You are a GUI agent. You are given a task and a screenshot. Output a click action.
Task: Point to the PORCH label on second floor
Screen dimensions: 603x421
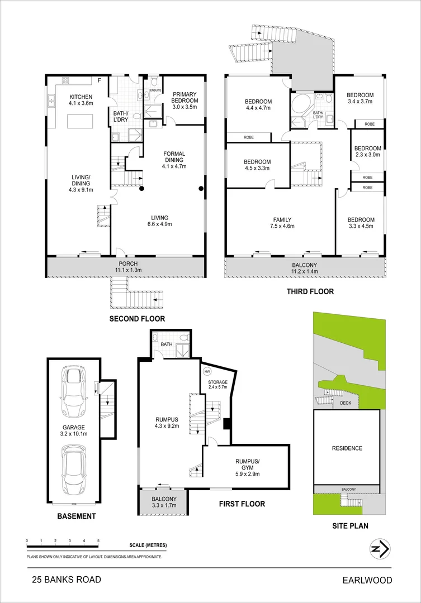coord(128,264)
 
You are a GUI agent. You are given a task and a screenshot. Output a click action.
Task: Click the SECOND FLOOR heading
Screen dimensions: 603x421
coord(138,319)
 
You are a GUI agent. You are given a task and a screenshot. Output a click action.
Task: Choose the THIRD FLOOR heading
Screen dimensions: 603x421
coord(310,291)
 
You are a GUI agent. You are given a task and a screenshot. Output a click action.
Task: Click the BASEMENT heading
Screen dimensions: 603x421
coord(77,516)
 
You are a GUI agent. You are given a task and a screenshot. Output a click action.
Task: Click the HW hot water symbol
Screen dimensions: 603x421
coord(207,371)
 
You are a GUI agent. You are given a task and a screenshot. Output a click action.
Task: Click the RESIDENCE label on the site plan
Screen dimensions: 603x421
coord(347,448)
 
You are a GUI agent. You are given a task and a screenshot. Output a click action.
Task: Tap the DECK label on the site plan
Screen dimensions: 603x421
coord(344,403)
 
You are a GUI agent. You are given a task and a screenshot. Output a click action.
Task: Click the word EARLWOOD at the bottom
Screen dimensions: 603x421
coord(367,581)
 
